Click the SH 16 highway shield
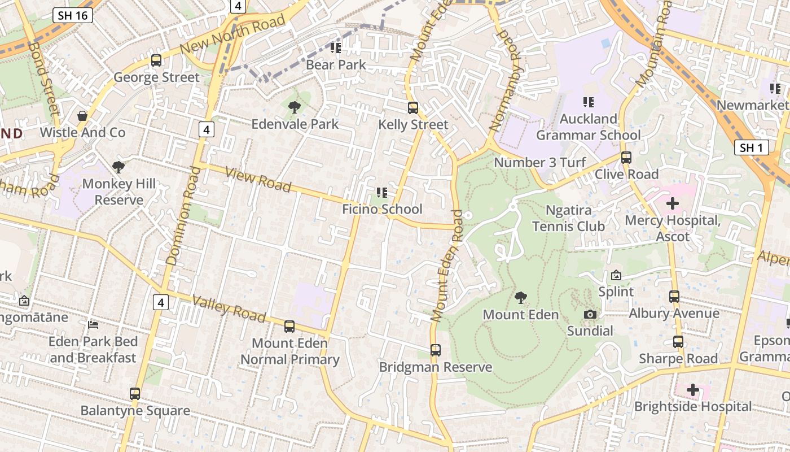pyautogui.click(x=73, y=15)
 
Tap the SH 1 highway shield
pyautogui.click(x=752, y=148)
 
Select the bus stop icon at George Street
pyautogui.click(x=156, y=60)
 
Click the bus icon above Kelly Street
pyautogui.click(x=413, y=107)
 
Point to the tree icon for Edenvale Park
pyautogui.click(x=294, y=107)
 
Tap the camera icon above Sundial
pyautogui.click(x=590, y=314)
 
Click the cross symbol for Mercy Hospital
pyautogui.click(x=673, y=203)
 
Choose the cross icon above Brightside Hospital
pyautogui.click(x=692, y=390)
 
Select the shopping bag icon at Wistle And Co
pyautogui.click(x=82, y=116)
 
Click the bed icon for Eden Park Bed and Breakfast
pyautogui.click(x=93, y=325)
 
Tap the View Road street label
pyautogui.click(x=258, y=179)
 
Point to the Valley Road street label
pyautogui.click(x=229, y=308)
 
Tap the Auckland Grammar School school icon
pyautogui.click(x=589, y=102)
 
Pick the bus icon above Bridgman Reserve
pyautogui.click(x=435, y=350)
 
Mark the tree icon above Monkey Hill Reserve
pyautogui.click(x=118, y=167)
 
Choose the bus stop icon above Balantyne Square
pyautogui.click(x=135, y=393)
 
